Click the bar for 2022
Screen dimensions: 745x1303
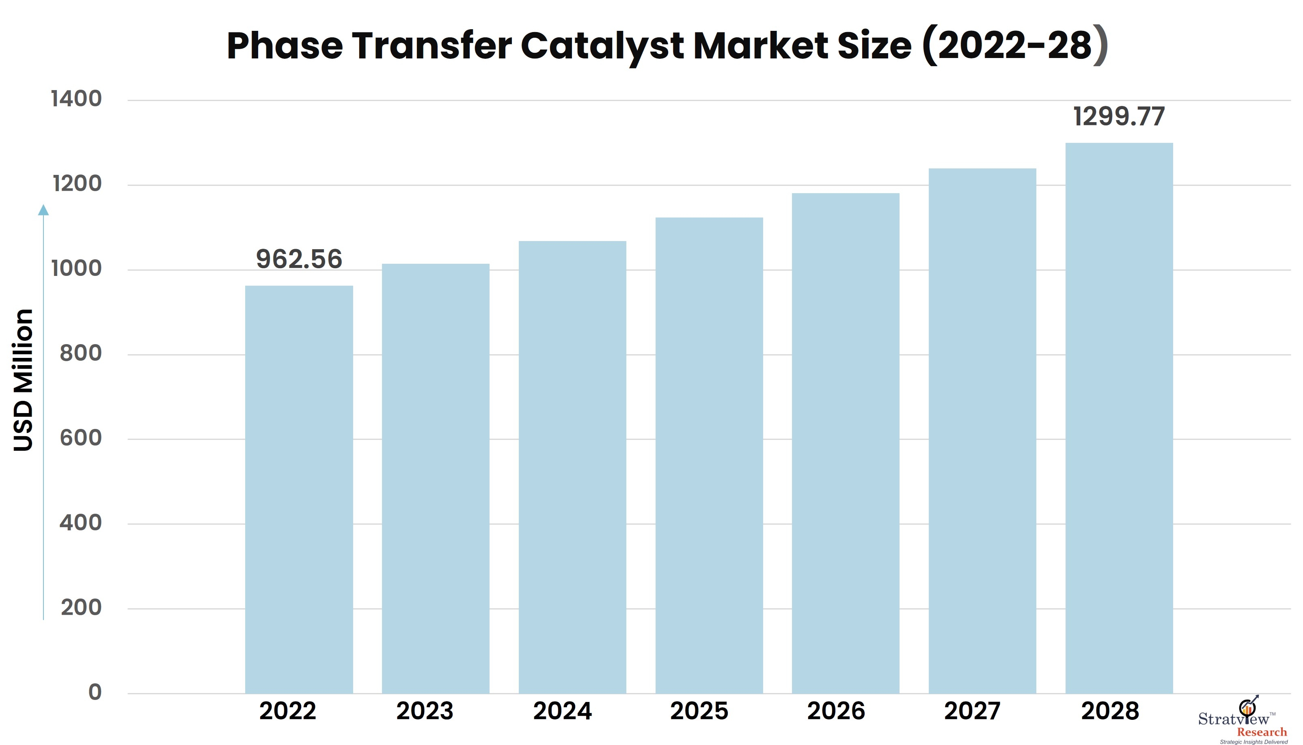click(299, 489)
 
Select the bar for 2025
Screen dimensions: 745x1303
click(709, 455)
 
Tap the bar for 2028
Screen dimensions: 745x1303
click(1119, 418)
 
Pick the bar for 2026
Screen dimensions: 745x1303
click(846, 443)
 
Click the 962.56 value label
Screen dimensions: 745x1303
click(299, 259)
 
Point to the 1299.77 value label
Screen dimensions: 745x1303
click(1119, 117)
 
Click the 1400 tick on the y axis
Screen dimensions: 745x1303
click(76, 99)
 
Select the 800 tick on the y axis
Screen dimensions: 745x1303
click(80, 353)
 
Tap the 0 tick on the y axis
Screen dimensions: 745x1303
click(95, 692)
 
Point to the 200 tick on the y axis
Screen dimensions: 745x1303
click(81, 607)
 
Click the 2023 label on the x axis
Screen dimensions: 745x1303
click(425, 711)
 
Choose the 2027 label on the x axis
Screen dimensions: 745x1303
click(972, 711)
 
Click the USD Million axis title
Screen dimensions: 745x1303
click(24, 380)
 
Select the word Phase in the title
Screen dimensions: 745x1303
click(285, 46)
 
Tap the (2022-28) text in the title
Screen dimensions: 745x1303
click(1015, 46)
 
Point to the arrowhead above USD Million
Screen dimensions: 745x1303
click(43, 210)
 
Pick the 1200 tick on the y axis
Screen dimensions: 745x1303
click(77, 184)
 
